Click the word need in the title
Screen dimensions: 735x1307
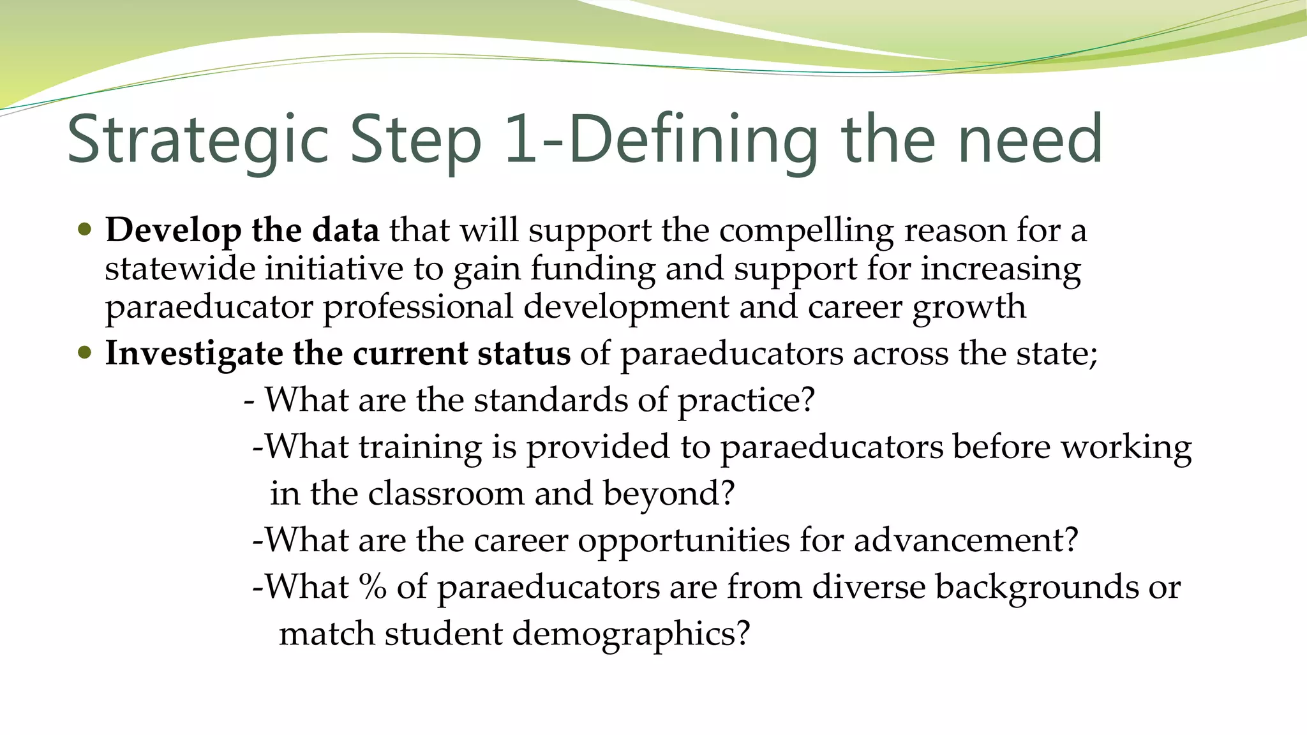(1030, 139)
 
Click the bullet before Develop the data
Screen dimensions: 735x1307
(85, 230)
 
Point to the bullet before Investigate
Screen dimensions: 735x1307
(85, 353)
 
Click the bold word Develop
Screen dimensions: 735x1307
(173, 230)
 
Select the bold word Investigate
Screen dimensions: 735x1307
(193, 354)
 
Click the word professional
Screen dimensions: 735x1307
(418, 308)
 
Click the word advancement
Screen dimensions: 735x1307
(966, 540)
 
